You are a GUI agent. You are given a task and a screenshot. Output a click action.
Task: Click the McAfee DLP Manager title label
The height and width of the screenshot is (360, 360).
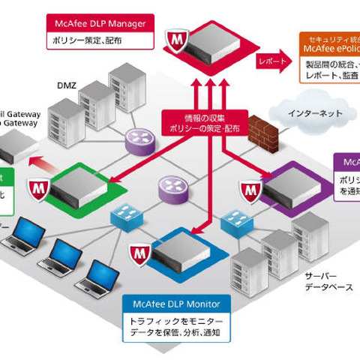pos(100,22)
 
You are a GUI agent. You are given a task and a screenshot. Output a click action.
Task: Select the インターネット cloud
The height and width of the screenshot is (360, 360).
pos(314,114)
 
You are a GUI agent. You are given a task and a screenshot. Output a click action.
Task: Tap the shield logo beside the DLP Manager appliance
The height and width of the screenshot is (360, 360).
pos(174,37)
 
